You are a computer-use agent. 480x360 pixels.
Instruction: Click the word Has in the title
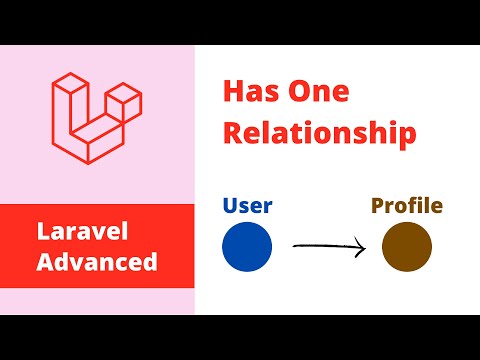point(253,92)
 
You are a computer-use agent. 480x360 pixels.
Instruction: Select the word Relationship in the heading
point(318,133)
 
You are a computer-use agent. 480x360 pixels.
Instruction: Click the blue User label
point(248,208)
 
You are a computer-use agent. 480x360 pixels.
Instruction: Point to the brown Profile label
point(407,207)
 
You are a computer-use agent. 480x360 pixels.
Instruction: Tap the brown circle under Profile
point(407,246)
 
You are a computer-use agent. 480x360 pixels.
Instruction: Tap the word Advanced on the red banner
point(98,262)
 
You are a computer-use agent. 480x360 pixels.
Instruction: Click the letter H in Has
point(233,92)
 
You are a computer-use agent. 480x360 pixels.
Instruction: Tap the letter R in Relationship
point(232,133)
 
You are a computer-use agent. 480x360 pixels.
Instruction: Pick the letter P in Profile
point(379,207)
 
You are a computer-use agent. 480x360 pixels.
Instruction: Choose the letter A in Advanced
point(44,262)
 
